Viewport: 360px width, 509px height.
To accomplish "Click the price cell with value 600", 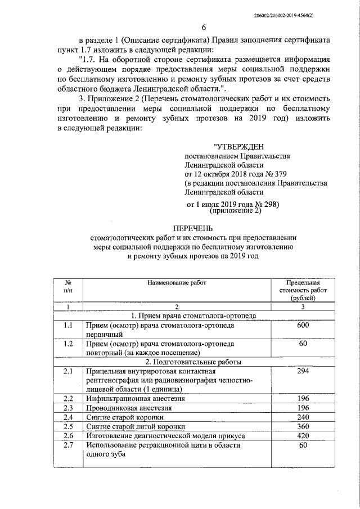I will (303, 325).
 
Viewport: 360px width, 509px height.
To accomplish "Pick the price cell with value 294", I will (303, 371).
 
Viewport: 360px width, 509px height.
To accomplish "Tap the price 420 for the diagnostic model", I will (303, 435).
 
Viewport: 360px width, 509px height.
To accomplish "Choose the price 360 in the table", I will (303, 426).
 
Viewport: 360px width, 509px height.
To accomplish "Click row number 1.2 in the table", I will (69, 343).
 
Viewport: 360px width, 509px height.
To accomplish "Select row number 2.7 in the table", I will (69, 445).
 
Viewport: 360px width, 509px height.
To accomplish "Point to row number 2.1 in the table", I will (69, 371).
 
